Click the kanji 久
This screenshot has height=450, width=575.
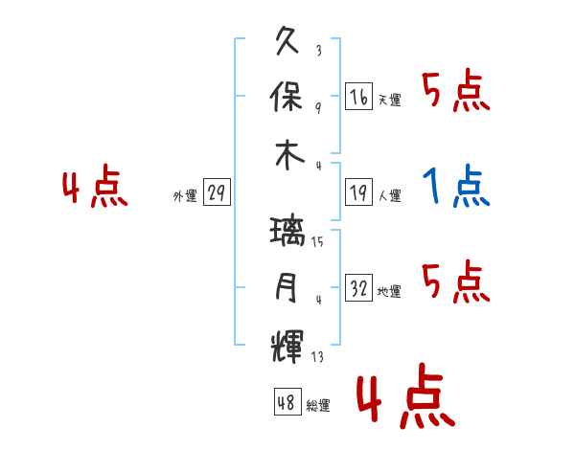pos(287,40)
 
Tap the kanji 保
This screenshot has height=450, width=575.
pos(286,97)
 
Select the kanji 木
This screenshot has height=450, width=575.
pos(289,155)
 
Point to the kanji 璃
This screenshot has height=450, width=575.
pos(287,231)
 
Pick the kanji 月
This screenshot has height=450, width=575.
pos(287,287)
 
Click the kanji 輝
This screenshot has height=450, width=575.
pos(287,347)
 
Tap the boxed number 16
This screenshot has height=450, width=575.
pos(359,97)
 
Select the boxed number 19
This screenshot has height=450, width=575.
pos(359,192)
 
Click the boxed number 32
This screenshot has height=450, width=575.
pos(359,287)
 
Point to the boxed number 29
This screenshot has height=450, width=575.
pos(217,192)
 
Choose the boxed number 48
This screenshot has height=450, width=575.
pos(287,401)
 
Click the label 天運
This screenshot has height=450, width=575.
pos(390,100)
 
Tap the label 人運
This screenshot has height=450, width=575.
pos(390,195)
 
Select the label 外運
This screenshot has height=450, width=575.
pos(185,195)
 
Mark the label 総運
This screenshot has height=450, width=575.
pos(318,405)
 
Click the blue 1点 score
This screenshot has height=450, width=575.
pos(456,186)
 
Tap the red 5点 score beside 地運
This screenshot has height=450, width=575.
pos(456,281)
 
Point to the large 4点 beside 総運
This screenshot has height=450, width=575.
pos(406,395)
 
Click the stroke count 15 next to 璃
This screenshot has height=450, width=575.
pos(317,241)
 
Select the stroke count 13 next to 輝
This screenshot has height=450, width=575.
pos(317,356)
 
